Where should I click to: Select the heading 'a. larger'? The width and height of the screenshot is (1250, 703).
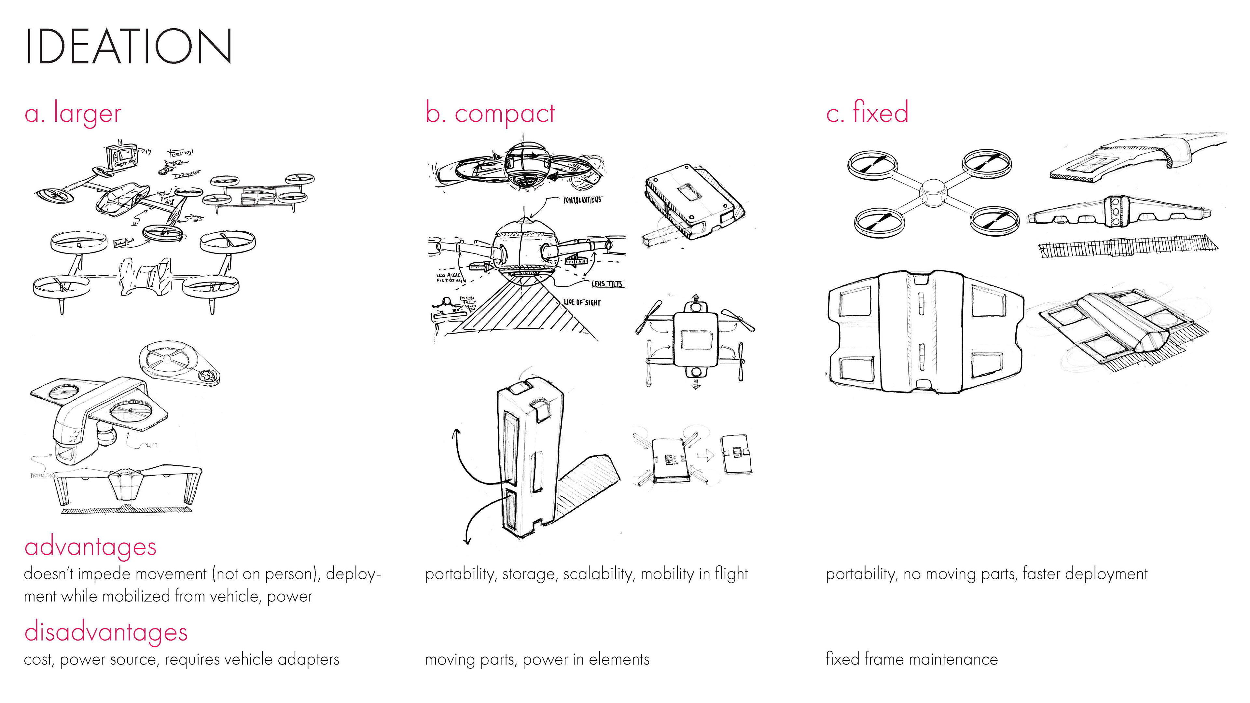pos(73,114)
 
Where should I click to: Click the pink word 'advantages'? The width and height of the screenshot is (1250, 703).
pos(90,547)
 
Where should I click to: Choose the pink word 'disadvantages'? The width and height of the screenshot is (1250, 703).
pos(106,632)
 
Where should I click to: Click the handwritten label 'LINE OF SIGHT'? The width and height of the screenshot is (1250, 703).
pos(582,302)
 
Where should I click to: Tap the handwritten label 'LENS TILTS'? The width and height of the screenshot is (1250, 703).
pos(607,284)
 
